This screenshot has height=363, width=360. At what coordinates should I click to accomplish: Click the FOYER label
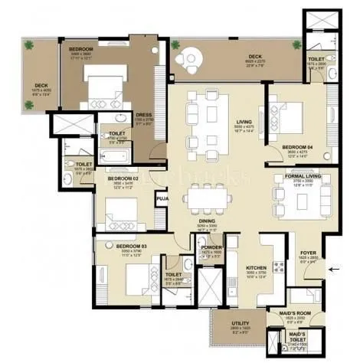click(x=307, y=255)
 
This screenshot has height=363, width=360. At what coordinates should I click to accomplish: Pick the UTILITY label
click(x=240, y=324)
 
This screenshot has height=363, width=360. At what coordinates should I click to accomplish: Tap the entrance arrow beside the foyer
click(x=333, y=268)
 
